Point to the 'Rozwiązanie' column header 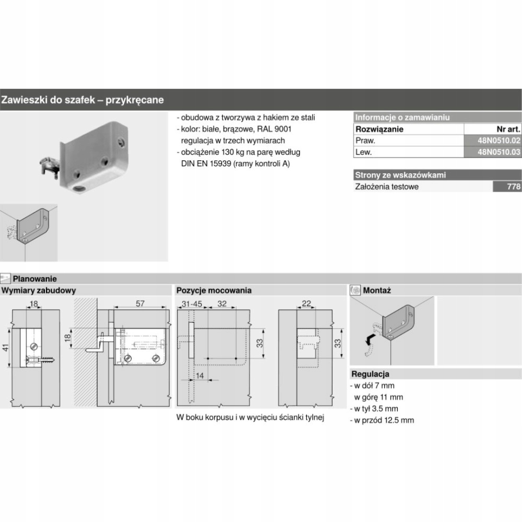point(379,129)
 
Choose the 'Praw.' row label point(365,141)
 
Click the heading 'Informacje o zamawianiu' point(402,118)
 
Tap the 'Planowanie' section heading point(35,279)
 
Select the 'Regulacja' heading point(371,374)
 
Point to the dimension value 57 point(140,303)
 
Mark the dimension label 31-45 point(191,303)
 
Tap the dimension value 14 point(200,375)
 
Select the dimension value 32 point(221,303)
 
